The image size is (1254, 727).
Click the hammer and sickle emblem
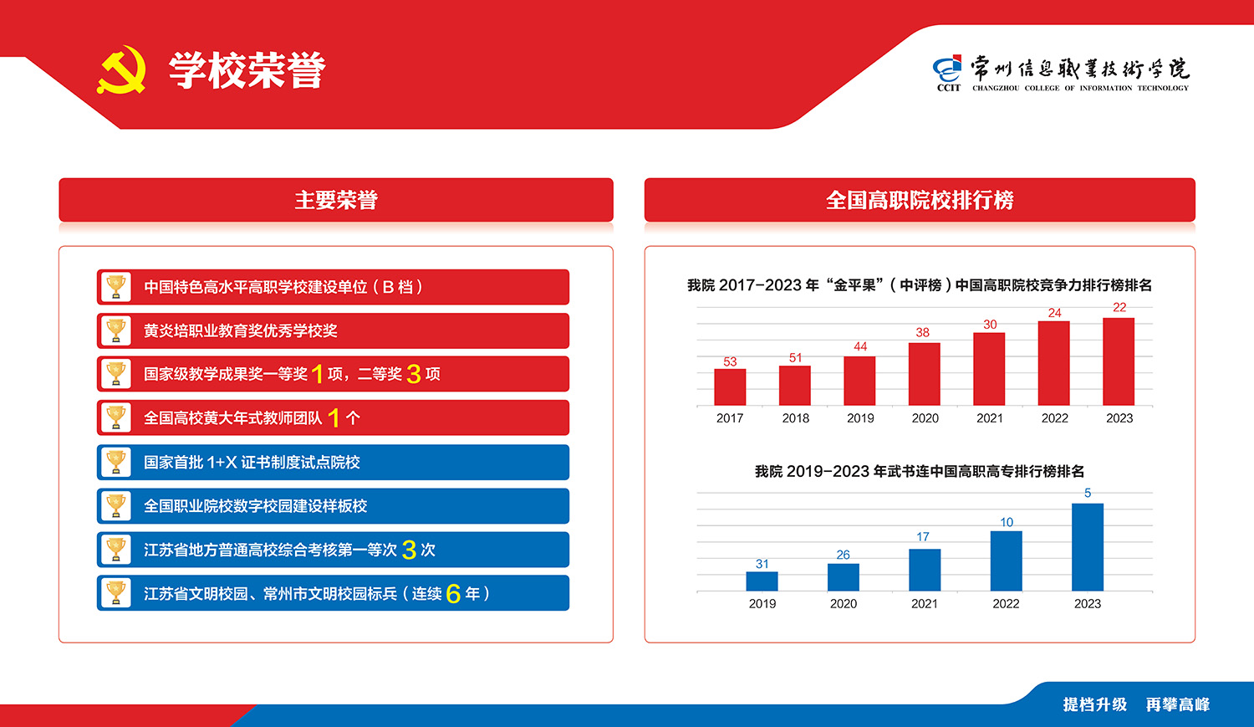[x=122, y=69]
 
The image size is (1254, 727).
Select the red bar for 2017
[x=730, y=387]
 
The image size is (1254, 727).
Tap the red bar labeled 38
[x=925, y=374]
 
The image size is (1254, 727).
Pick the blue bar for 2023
[x=1088, y=547]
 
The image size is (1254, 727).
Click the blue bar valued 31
[x=762, y=581]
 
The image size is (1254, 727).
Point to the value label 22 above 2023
[x=1119, y=308]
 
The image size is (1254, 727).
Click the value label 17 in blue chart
[x=923, y=536]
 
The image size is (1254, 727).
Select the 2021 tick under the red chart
[x=990, y=417]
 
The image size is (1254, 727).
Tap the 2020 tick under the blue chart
[x=843, y=604]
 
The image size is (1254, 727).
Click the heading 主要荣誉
[x=336, y=200]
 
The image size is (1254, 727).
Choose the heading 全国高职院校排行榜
[x=920, y=200]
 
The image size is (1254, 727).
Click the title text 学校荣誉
[x=247, y=70]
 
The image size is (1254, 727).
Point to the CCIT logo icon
[x=948, y=73]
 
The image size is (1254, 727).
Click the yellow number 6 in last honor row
[x=453, y=594]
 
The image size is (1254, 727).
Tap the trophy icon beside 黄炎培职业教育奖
[x=116, y=330]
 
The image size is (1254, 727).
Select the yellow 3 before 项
[x=414, y=374]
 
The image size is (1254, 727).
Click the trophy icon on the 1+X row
[x=116, y=462]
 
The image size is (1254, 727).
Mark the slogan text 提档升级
[x=1095, y=704]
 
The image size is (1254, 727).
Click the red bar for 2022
[x=1053, y=363]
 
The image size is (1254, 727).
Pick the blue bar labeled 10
[x=1006, y=561]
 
